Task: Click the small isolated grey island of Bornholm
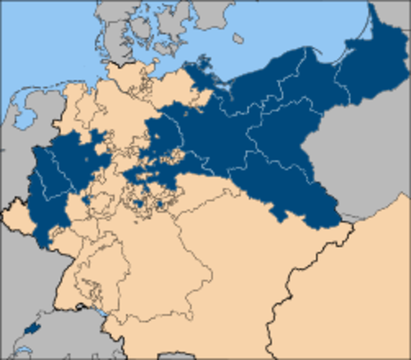[238, 37]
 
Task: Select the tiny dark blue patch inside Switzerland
[31, 328]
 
